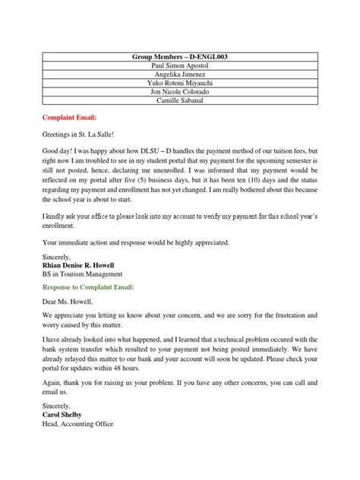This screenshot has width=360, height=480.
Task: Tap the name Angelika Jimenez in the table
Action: click(x=180, y=78)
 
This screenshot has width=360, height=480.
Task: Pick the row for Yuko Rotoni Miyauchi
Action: click(x=180, y=89)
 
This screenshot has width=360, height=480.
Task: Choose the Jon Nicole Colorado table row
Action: click(x=180, y=99)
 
